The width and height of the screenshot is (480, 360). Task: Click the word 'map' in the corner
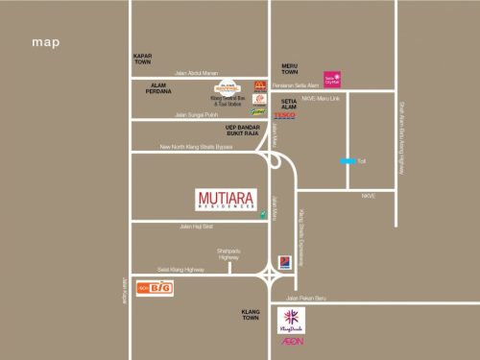(45, 42)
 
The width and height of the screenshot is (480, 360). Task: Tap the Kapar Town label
(143, 60)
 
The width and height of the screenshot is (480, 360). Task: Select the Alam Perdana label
(157, 90)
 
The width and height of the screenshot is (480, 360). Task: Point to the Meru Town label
(289, 68)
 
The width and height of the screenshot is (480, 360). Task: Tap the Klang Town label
(251, 314)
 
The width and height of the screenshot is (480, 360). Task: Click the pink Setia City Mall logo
(331, 78)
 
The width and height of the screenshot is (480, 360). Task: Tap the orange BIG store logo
(155, 288)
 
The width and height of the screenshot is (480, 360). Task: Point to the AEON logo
(292, 341)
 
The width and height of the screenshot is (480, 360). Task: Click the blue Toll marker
(343, 161)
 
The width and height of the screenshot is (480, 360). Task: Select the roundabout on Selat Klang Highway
(272, 277)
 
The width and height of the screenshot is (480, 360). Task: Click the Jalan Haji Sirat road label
(195, 227)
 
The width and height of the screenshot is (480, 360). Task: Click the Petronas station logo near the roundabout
(284, 261)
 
